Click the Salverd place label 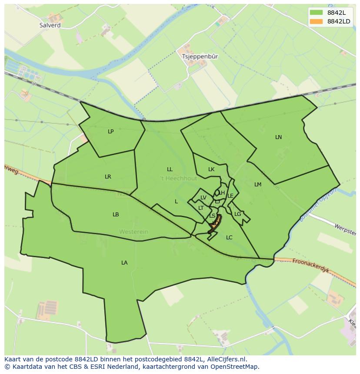pyautogui.click(x=50, y=25)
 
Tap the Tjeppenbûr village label pyautogui.click(x=200, y=56)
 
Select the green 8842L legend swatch pyautogui.click(x=316, y=13)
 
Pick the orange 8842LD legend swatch pyautogui.click(x=316, y=21)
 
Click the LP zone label pyautogui.click(x=110, y=132)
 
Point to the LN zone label pyautogui.click(x=278, y=137)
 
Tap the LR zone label pyautogui.click(x=108, y=177)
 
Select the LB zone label pyautogui.click(x=116, y=215)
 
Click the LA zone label pyautogui.click(x=124, y=263)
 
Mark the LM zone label pyautogui.click(x=258, y=185)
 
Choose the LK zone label pyautogui.click(x=211, y=170)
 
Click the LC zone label pyautogui.click(x=229, y=238)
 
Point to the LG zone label pyautogui.click(x=237, y=214)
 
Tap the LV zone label pyautogui.click(x=203, y=198)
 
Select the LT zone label pyautogui.click(x=201, y=208)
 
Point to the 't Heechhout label pyautogui.click(x=179, y=179)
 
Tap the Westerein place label pyautogui.click(x=133, y=232)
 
